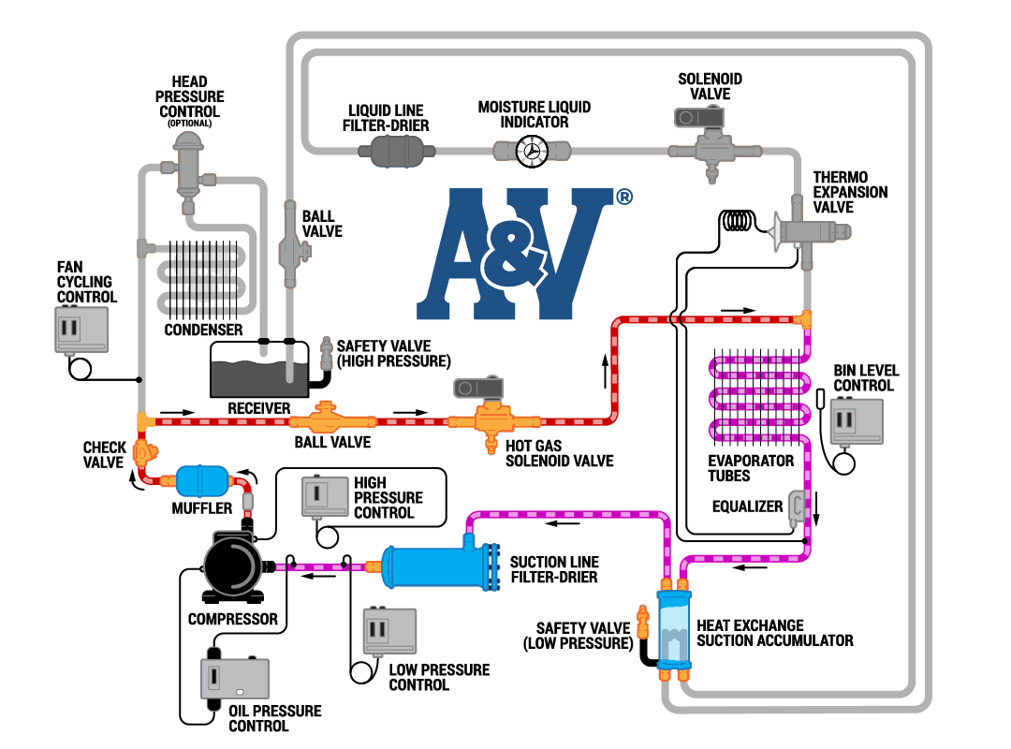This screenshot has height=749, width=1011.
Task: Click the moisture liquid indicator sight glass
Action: (533, 151)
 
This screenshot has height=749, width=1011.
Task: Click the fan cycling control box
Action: (81, 330)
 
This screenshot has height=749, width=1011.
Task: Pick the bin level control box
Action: (856, 420)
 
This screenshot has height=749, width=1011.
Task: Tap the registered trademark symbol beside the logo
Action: (624, 197)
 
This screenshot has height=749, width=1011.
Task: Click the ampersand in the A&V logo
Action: (509, 251)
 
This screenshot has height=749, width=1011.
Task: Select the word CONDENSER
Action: (203, 330)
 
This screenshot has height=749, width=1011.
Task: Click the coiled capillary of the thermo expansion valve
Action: (739, 221)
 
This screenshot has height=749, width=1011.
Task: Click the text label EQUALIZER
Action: (747, 507)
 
